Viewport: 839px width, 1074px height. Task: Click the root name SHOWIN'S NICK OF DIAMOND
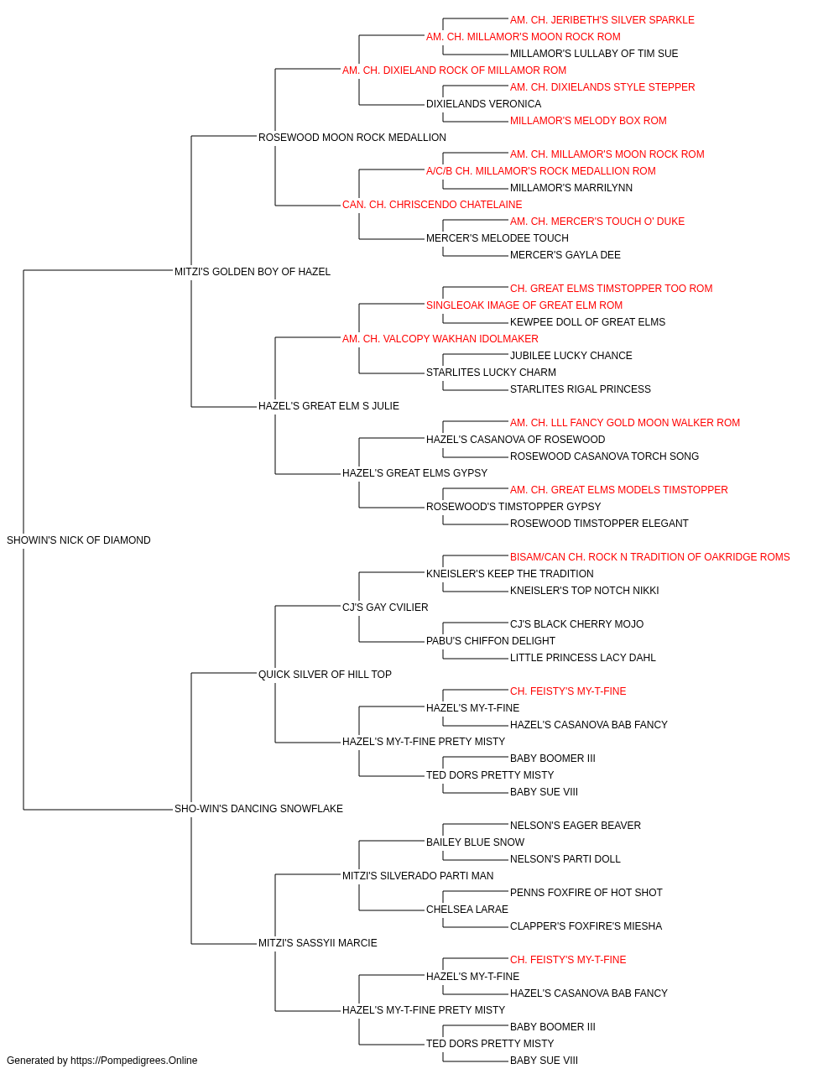click(x=79, y=540)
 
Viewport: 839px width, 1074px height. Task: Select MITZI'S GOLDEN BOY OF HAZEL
click(x=253, y=272)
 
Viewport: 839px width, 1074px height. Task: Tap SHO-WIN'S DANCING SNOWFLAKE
click(x=258, y=809)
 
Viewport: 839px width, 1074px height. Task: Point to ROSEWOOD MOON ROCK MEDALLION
click(x=352, y=138)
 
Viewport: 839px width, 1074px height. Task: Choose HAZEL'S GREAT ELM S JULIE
click(x=329, y=406)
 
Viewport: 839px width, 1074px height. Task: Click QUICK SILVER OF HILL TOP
click(x=325, y=675)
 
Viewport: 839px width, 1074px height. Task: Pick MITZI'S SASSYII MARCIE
click(x=318, y=943)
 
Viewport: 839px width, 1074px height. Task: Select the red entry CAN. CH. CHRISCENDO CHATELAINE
click(x=432, y=205)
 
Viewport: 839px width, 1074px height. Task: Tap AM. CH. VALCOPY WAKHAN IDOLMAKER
click(x=440, y=339)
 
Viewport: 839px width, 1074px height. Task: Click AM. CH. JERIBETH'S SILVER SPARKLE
click(x=602, y=20)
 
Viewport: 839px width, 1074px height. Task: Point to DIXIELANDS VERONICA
click(x=484, y=104)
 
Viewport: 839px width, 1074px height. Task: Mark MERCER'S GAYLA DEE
click(x=565, y=255)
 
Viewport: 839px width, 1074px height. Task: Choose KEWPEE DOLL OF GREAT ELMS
click(x=587, y=322)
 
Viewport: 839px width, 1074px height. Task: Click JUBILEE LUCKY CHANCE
click(x=571, y=356)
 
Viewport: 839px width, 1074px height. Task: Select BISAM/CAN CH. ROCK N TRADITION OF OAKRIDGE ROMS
click(x=649, y=557)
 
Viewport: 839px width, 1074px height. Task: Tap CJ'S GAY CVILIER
click(x=385, y=607)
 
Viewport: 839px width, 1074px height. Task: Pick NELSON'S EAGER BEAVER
click(x=576, y=826)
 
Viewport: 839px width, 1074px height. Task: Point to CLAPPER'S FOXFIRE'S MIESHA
click(x=586, y=926)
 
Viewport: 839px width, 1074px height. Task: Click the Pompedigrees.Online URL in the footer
click(x=134, y=1061)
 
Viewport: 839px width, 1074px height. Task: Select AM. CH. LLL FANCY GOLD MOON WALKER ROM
click(x=625, y=423)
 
